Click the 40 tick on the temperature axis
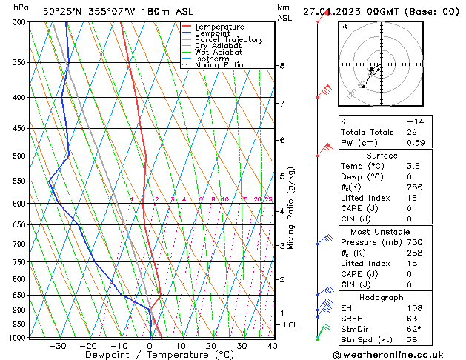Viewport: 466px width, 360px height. [272, 345]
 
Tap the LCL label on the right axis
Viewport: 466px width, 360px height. [291, 324]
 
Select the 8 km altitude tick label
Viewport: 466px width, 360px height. [282, 66]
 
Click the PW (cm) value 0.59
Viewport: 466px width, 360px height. [417, 143]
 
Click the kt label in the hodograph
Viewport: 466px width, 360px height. [344, 26]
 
